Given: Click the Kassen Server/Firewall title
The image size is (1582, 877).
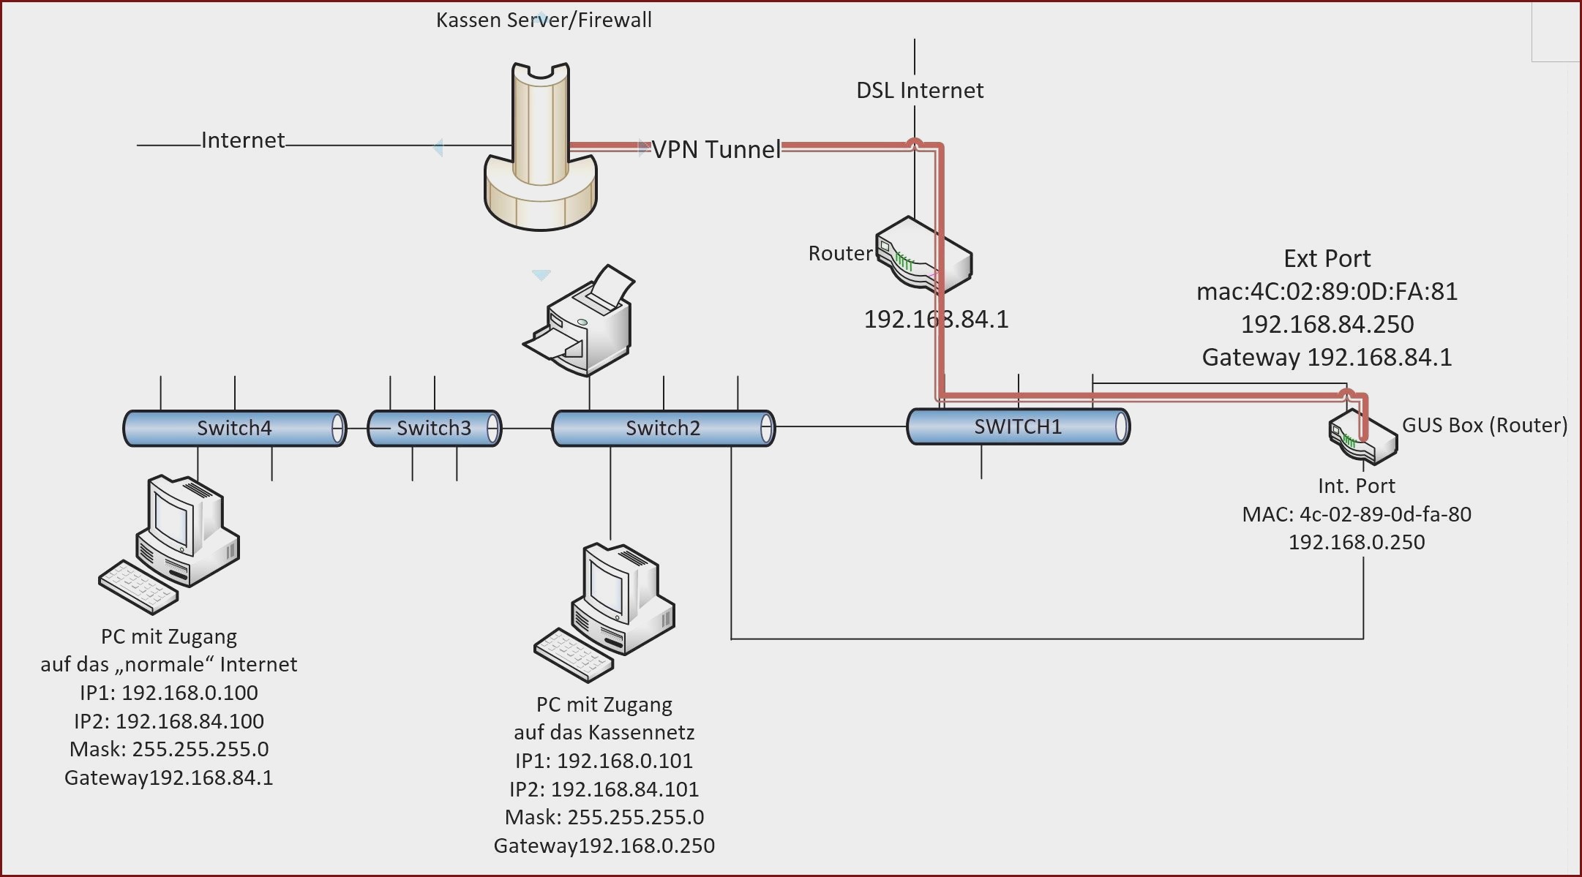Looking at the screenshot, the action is tap(544, 20).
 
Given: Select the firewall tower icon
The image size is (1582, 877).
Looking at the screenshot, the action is tap(541, 146).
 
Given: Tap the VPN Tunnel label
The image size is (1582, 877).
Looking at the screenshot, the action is tap(716, 149).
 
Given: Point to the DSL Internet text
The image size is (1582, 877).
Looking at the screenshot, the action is tap(920, 90).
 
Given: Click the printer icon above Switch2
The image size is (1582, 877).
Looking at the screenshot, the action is tap(579, 320).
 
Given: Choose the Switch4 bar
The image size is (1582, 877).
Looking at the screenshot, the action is tap(234, 428).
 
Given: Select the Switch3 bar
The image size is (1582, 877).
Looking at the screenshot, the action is tap(434, 428).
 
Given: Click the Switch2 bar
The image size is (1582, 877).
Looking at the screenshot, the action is tap(663, 428).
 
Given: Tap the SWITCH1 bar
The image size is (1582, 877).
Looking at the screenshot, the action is tap(1018, 426).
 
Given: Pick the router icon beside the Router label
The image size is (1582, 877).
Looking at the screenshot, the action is tap(924, 255).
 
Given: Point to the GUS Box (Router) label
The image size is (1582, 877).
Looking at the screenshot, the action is tap(1485, 425).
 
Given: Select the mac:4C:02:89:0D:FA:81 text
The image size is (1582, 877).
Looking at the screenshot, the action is tap(1327, 291).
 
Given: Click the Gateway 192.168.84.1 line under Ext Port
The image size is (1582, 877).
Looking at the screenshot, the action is tap(1327, 357).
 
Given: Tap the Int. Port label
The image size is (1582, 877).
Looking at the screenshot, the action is tap(1356, 486).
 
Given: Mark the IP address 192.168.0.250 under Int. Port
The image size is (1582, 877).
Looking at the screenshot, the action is tap(1356, 542).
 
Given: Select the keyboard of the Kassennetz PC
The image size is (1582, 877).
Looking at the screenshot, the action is tap(574, 655).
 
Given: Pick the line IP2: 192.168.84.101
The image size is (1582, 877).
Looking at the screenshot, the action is tap(604, 788).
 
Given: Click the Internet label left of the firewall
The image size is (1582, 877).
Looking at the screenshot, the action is tap(243, 140).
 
